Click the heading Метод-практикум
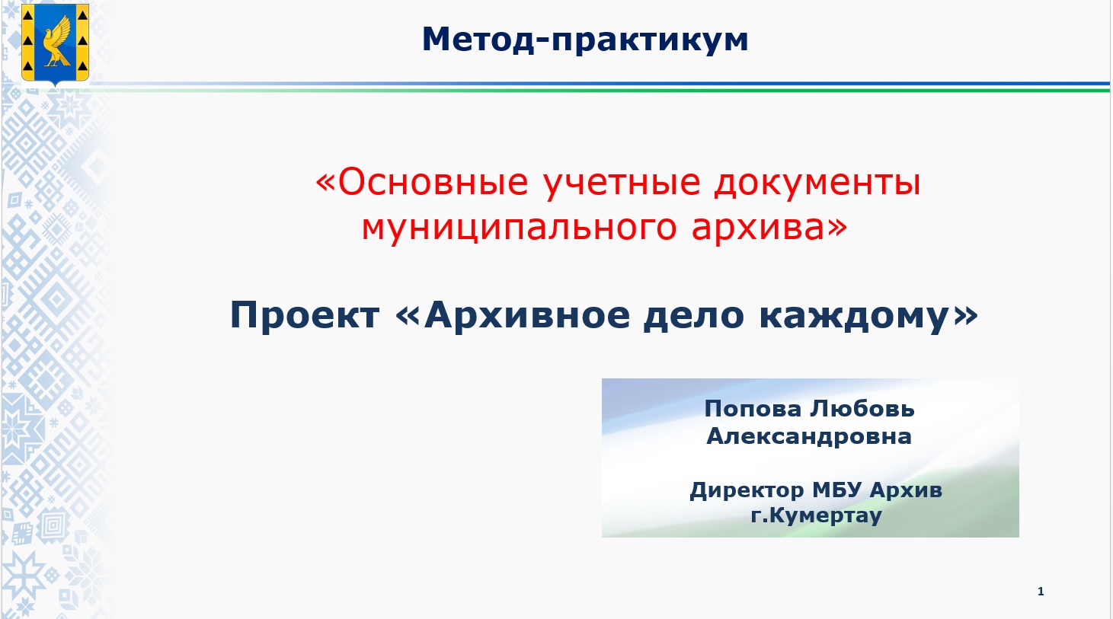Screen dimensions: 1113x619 pos(585,40)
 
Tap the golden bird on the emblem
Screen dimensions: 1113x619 pos(56,42)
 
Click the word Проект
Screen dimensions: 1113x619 pos(305,315)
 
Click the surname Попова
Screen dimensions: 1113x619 pos(753,409)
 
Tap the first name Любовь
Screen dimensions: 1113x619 pos(862,409)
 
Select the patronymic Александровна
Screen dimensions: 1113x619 pos(809,437)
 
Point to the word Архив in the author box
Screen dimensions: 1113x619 pos(906,491)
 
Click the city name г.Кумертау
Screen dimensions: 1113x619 pos(817,515)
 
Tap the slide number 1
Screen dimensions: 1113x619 pos(1041,591)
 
